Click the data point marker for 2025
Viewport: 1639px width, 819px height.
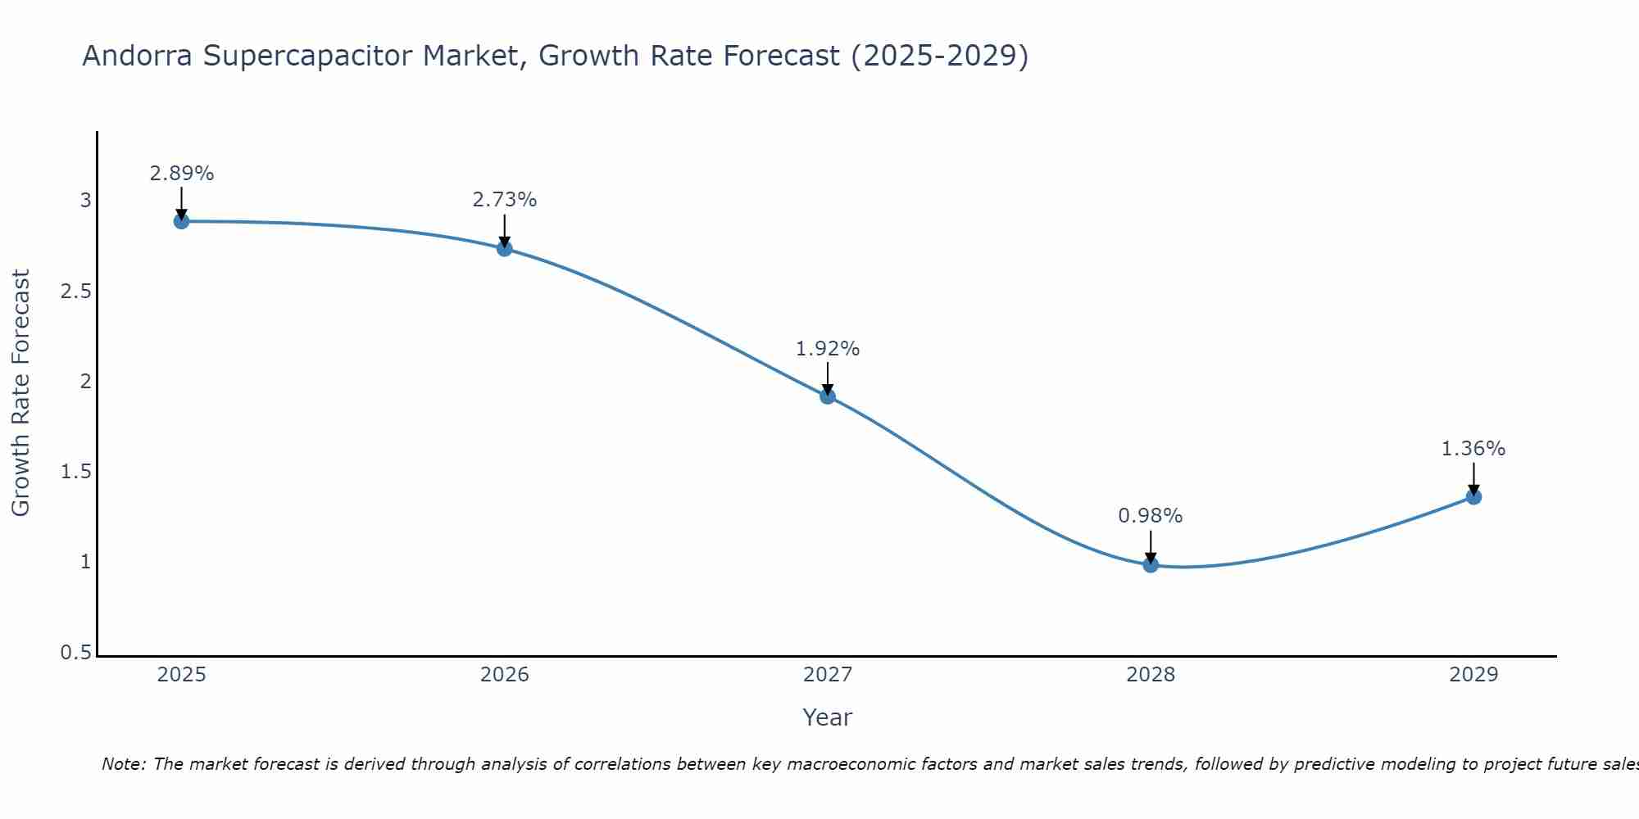tap(181, 221)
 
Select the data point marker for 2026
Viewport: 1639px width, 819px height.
tap(505, 248)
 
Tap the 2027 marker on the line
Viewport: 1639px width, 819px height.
tap(828, 396)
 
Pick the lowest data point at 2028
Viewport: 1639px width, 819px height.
tap(1151, 564)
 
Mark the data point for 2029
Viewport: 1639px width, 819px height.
tap(1473, 496)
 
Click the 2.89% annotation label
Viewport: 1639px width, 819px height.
tap(181, 174)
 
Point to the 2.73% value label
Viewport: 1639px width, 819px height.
tap(505, 200)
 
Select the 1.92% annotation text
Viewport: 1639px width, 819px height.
tap(828, 349)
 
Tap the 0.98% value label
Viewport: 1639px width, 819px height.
tap(1151, 516)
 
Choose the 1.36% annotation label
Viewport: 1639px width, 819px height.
tap(1473, 449)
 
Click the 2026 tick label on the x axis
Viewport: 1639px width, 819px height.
tap(505, 675)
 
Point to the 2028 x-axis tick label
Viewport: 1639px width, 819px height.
tap(1151, 675)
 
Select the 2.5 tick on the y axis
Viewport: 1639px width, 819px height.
tap(75, 292)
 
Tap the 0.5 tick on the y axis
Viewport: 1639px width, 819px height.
tap(75, 653)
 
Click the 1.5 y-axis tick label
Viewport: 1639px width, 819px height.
tap(75, 473)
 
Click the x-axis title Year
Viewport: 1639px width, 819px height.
tap(828, 717)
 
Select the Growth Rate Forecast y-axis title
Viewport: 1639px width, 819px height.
tap(20, 393)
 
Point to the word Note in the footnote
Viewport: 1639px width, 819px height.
tap(123, 764)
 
